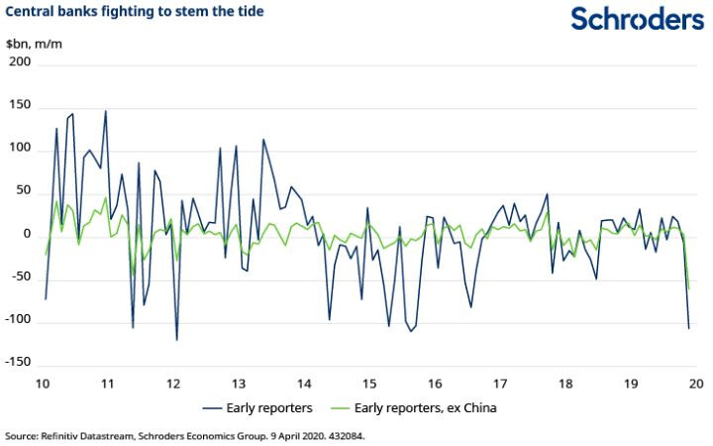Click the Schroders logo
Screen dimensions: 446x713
point(638,19)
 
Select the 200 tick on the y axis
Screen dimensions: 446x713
point(20,62)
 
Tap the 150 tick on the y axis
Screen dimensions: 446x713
point(20,106)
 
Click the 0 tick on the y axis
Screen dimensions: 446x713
point(27,235)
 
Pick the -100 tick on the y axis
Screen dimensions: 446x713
point(18,321)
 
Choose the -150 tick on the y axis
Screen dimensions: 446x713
point(18,365)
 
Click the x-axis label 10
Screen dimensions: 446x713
point(44,384)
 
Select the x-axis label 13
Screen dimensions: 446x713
point(239,384)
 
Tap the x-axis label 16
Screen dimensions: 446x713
point(435,384)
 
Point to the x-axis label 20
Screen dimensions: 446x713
point(696,384)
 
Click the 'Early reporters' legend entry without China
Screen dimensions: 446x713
point(262,407)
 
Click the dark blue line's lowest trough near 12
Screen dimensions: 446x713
point(176,340)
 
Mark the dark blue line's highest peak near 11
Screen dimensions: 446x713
point(106,111)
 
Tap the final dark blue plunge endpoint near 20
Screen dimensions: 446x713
point(688,327)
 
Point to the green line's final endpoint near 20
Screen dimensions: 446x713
point(688,289)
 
